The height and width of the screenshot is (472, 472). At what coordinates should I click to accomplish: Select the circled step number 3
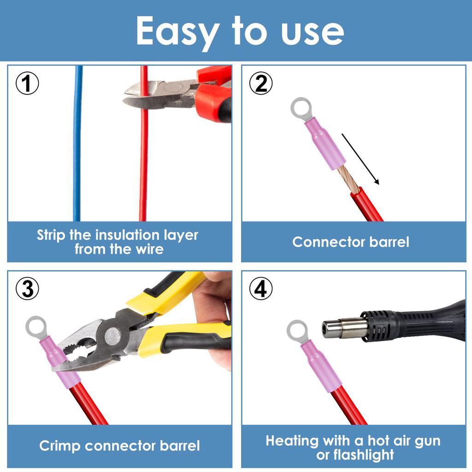point(28,289)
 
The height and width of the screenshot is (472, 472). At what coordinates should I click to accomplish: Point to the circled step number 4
point(261,289)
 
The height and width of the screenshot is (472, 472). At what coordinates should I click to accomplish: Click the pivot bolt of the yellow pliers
point(112,336)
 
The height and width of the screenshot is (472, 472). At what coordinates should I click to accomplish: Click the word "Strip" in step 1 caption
point(51,235)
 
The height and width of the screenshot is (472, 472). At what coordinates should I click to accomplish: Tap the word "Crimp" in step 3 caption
point(59,446)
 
